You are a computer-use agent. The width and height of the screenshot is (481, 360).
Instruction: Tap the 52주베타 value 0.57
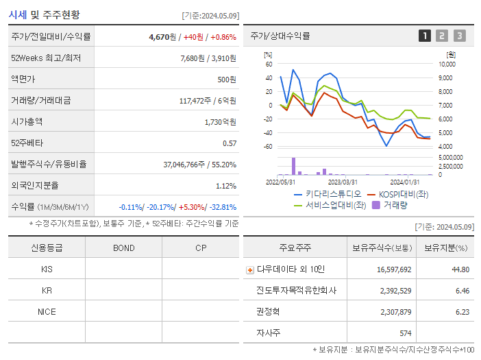tap(229, 143)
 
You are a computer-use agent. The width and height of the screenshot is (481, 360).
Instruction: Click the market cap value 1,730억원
tap(221, 122)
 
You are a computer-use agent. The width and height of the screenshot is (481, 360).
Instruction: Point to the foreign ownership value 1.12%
tap(225, 186)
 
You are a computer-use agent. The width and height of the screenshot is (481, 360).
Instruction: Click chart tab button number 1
tap(425, 36)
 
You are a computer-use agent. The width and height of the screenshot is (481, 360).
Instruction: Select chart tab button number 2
tap(442, 36)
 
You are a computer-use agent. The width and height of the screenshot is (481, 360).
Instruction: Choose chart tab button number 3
tap(459, 36)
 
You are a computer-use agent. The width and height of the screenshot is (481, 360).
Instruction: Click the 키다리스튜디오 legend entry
tap(326, 194)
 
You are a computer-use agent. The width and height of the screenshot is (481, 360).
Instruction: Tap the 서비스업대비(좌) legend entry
tap(336, 204)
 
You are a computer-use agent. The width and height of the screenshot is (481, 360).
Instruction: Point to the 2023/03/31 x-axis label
tap(343, 182)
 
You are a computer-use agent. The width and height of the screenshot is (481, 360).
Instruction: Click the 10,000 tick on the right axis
tap(446, 64)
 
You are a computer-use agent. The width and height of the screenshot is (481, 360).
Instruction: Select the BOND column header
tap(123, 248)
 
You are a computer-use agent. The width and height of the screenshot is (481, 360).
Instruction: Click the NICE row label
tap(47, 312)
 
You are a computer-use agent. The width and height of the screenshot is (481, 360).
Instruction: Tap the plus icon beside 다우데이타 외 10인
tap(250, 270)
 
